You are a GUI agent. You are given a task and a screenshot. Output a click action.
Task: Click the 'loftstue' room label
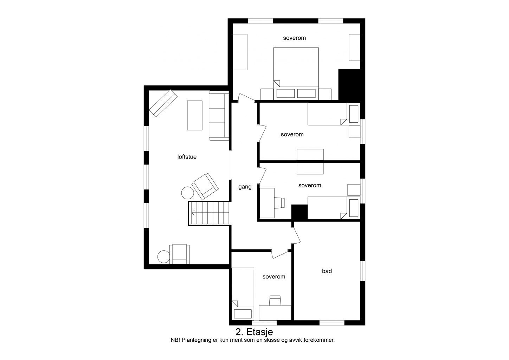[187, 156]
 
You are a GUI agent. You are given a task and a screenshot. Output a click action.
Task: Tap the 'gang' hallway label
[245, 187]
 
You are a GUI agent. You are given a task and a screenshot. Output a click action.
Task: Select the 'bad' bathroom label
[327, 271]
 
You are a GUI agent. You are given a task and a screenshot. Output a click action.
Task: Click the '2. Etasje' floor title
[254, 332]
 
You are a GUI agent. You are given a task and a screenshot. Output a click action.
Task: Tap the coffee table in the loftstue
[195, 115]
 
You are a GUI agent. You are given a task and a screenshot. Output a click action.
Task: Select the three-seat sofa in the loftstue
[219, 116]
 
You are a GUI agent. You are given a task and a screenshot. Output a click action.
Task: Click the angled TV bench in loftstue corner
[163, 103]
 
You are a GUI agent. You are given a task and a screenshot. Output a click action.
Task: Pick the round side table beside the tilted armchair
[187, 193]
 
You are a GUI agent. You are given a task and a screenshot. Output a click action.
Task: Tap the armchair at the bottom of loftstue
[180, 254]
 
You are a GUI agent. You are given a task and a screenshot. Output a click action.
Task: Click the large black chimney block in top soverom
[349, 84]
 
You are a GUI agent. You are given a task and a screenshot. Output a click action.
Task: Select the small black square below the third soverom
[299, 212]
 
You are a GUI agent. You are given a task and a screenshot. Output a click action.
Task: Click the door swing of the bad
[296, 236]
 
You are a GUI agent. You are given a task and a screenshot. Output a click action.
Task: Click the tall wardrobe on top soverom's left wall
[240, 52]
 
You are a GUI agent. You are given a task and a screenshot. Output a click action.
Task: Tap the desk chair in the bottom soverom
[275, 301]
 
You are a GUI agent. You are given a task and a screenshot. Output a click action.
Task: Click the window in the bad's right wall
[363, 271]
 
